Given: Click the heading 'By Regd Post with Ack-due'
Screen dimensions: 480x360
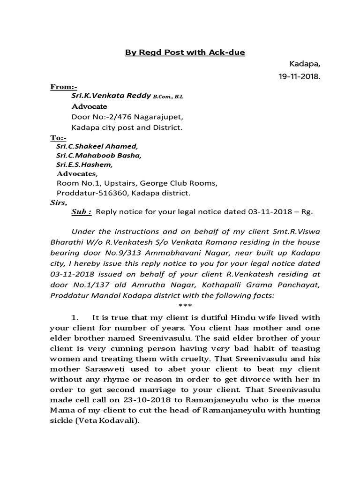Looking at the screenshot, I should (x=185, y=52).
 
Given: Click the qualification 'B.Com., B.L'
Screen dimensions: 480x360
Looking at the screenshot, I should (x=168, y=97).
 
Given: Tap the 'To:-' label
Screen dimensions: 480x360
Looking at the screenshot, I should (x=59, y=138).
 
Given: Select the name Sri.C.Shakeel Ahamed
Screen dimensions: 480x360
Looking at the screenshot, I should (x=97, y=146).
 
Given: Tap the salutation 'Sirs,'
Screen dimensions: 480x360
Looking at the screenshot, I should (x=59, y=202).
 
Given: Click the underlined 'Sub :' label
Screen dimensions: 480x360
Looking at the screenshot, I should (x=81, y=212).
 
